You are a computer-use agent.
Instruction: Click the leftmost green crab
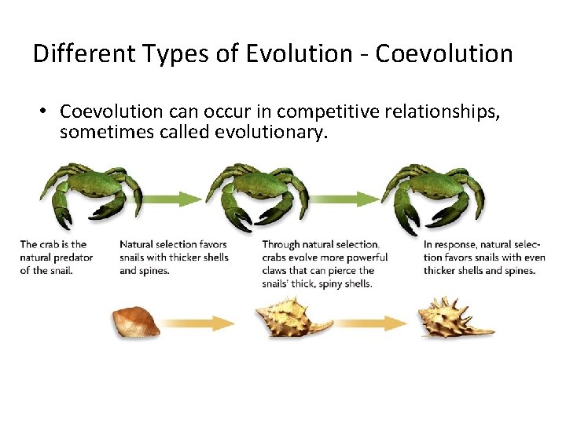pos(90,192)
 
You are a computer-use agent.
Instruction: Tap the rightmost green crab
pos(433,192)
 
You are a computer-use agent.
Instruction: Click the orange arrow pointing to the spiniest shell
pos(369,323)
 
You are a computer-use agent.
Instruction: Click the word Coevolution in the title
pos(444,54)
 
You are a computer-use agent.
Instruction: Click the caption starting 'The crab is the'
pos(56,258)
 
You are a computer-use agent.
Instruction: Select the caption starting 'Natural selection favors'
pos(174,258)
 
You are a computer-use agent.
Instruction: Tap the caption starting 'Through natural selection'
pos(324,264)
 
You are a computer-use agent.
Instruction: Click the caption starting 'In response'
pos(480,258)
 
